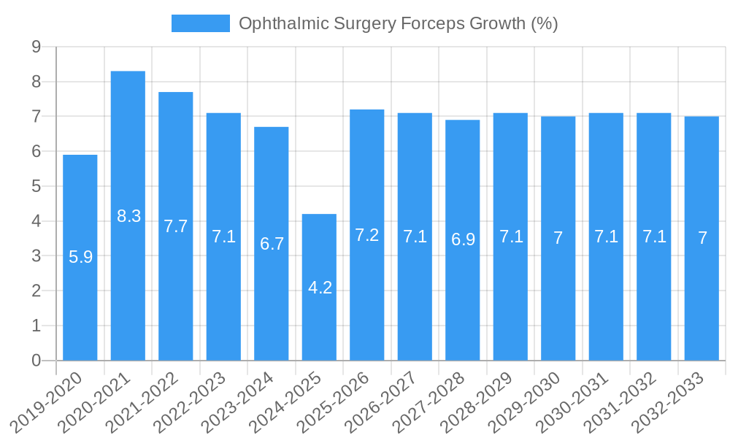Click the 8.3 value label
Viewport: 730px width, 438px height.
coord(128,216)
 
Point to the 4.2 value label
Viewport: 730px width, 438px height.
coord(320,288)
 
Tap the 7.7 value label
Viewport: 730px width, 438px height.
coord(176,226)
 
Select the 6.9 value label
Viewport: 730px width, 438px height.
coord(463,239)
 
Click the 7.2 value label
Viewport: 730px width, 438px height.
coord(367,235)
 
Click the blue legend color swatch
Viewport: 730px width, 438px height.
coord(200,23)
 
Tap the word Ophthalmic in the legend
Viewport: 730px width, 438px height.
coord(281,23)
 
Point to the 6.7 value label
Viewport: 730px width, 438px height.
coord(272,244)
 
